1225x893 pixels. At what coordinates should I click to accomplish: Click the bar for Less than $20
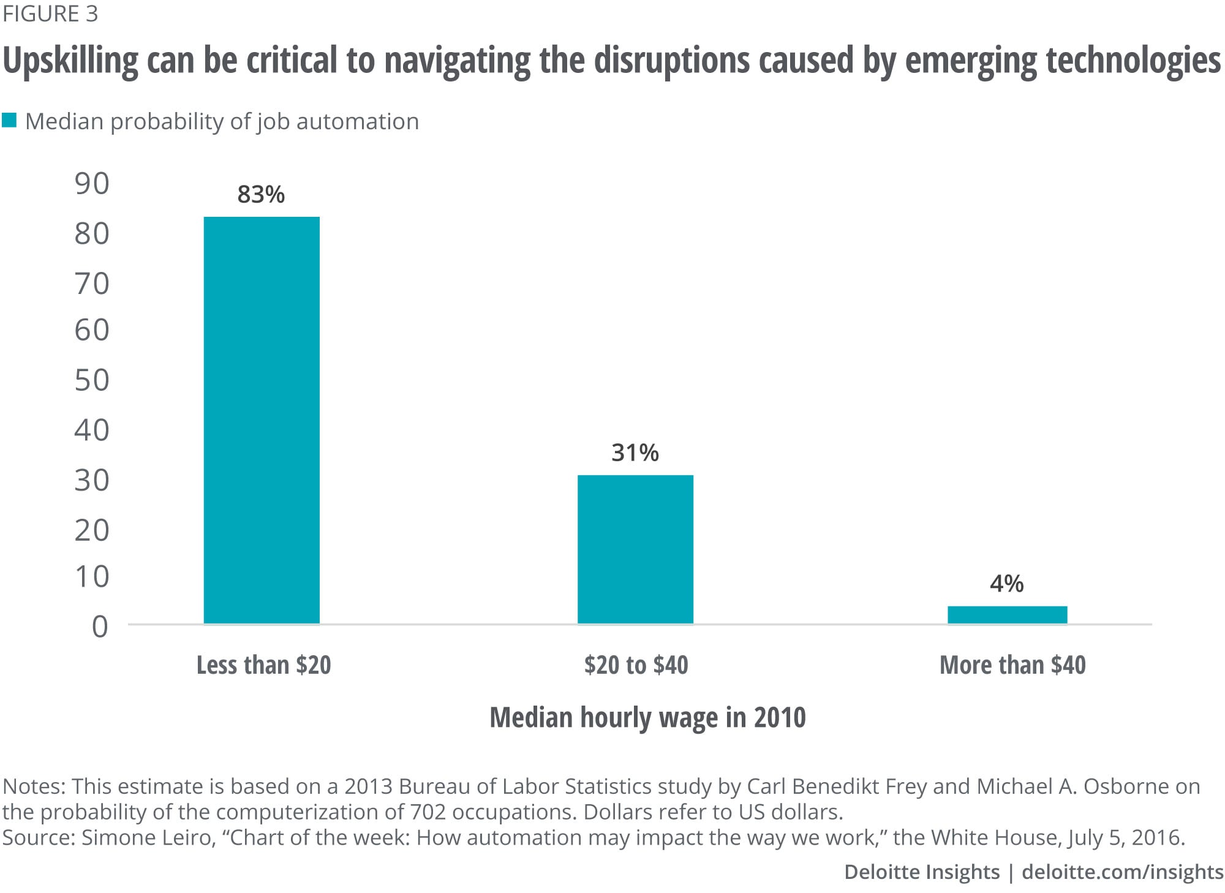pyautogui.click(x=262, y=420)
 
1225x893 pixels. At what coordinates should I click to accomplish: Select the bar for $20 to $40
pyautogui.click(x=635, y=549)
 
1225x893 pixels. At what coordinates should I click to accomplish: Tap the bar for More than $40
pyautogui.click(x=1007, y=615)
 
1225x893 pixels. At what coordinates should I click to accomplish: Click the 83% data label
pyautogui.click(x=261, y=195)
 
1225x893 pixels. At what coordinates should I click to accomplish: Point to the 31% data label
pyautogui.click(x=635, y=453)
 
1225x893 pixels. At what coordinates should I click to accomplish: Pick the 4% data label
pyautogui.click(x=1006, y=584)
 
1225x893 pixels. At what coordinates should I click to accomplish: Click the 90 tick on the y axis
pyautogui.click(x=92, y=184)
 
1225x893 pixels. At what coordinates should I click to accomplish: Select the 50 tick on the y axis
pyautogui.click(x=92, y=380)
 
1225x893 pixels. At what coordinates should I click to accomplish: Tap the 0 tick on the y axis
pyautogui.click(x=100, y=627)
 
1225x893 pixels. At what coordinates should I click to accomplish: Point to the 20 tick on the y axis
pyautogui.click(x=92, y=530)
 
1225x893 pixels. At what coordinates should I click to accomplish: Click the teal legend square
pyautogui.click(x=9, y=120)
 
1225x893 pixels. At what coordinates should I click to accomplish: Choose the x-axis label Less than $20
pyautogui.click(x=263, y=665)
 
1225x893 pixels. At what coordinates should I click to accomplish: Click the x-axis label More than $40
pyautogui.click(x=1012, y=665)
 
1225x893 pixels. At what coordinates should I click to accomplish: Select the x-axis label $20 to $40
pyautogui.click(x=636, y=665)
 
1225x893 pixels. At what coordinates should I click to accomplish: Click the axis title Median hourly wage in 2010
pyautogui.click(x=647, y=717)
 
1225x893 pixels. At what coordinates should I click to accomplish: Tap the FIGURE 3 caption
pyautogui.click(x=50, y=13)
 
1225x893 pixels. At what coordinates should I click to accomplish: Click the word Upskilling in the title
pyautogui.click(x=71, y=61)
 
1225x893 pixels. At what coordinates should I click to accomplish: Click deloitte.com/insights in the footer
pyautogui.click(x=1123, y=872)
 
